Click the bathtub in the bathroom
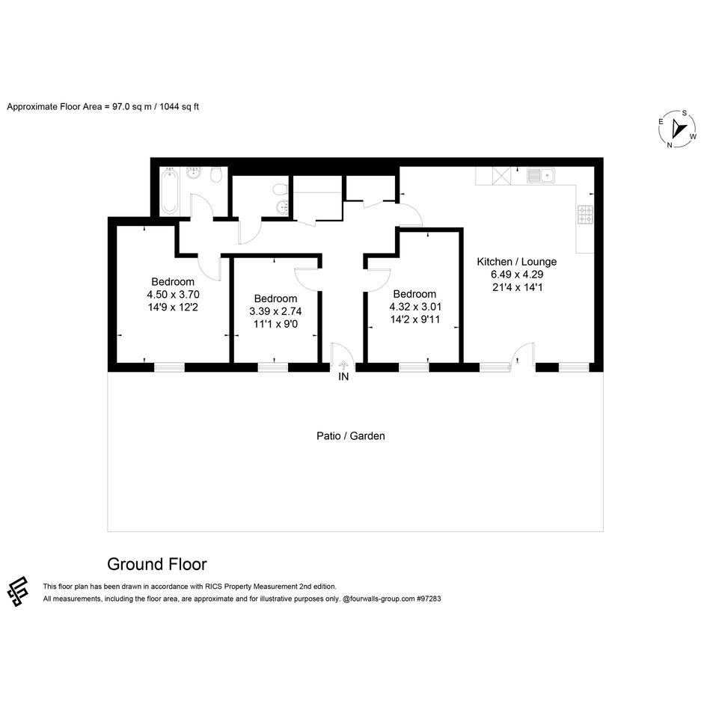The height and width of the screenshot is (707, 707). (x=170, y=192)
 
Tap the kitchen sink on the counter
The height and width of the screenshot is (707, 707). (x=541, y=175)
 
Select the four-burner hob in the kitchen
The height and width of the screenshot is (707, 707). (x=585, y=215)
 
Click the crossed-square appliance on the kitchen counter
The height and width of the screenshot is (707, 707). (x=501, y=175)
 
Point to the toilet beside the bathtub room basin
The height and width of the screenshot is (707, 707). (x=216, y=175)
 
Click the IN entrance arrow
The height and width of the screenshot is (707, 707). (x=343, y=365)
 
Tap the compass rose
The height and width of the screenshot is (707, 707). (x=678, y=129)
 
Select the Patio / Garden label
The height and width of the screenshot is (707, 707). (x=350, y=436)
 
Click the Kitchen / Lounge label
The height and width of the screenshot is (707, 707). (x=517, y=262)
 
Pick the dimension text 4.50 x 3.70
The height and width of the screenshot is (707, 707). (x=173, y=295)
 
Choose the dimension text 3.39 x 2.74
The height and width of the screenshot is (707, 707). (x=275, y=311)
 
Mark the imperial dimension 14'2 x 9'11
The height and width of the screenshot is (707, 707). (x=414, y=319)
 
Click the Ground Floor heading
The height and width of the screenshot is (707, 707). (x=157, y=564)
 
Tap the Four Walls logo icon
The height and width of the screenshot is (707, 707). (x=18, y=591)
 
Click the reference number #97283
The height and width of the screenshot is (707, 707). (x=429, y=599)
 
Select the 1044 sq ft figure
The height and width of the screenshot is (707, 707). (x=180, y=107)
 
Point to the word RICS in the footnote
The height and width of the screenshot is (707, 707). (x=214, y=587)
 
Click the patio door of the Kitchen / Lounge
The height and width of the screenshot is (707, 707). (x=523, y=356)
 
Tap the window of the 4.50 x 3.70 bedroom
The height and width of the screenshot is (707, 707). (x=169, y=367)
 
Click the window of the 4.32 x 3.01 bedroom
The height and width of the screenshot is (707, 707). (x=414, y=367)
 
